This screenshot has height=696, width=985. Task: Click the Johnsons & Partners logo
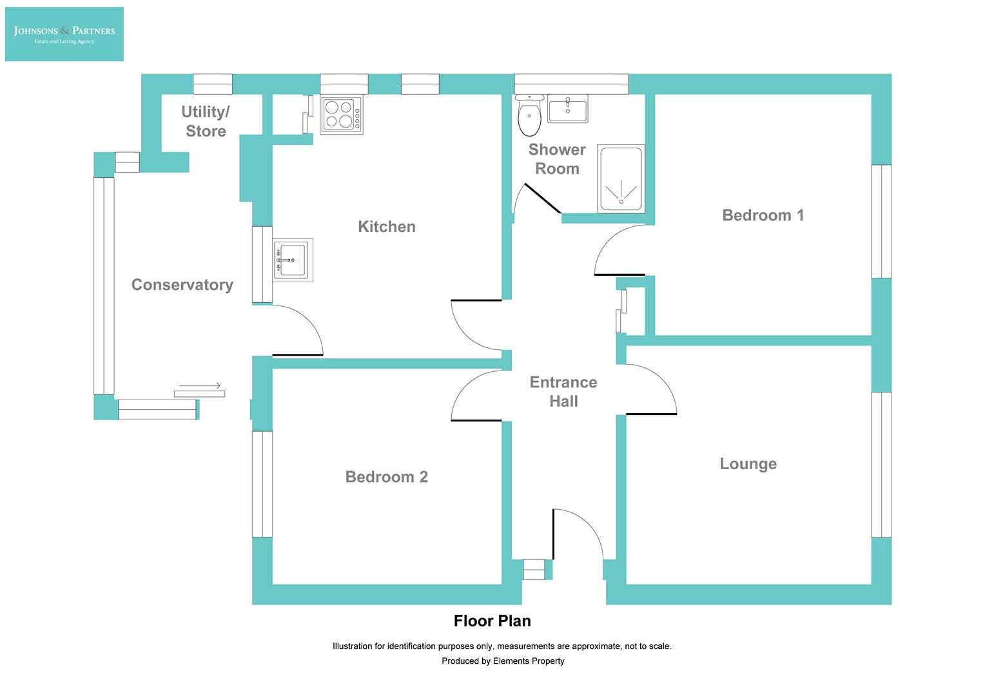[x=64, y=34]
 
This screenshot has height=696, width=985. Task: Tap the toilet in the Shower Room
[x=530, y=117]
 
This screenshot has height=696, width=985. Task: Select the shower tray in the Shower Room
[x=621, y=179]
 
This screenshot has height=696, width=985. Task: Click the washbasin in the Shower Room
[x=567, y=108]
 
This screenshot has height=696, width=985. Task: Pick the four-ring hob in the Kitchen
[x=342, y=115]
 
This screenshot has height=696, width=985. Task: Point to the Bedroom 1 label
[x=763, y=215]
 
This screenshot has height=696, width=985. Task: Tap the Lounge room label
[x=748, y=464]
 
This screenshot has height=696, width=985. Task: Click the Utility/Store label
[x=206, y=121]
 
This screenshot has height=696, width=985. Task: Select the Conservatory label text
[x=182, y=285]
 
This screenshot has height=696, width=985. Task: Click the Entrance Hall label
[x=563, y=391]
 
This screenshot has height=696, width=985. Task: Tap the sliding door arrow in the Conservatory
[x=200, y=386]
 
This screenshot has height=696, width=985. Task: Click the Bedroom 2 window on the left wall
[x=262, y=483]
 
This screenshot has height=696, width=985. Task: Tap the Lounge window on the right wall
[x=881, y=464]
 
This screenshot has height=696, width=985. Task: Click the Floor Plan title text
[x=492, y=621]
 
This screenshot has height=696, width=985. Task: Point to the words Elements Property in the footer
[x=529, y=661]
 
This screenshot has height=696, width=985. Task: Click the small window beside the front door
[x=534, y=570]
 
